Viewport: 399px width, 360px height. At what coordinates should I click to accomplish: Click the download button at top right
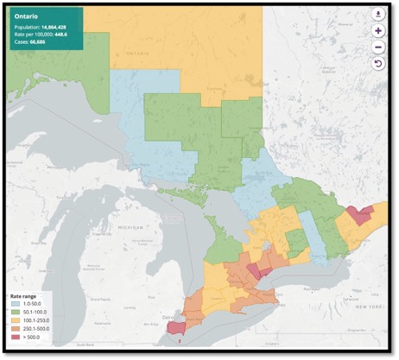[x=378, y=14]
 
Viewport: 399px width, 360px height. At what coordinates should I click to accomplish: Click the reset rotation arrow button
[x=378, y=64]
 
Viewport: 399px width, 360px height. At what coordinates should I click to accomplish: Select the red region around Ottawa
[x=358, y=214]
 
